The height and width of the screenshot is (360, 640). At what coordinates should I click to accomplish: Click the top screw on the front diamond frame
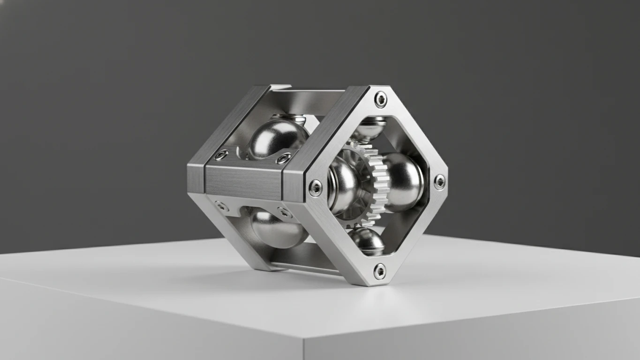coord(380,99)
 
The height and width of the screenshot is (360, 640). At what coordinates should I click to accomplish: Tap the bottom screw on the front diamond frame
coord(379,271)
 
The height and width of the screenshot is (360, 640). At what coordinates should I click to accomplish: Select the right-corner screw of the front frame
coord(439,182)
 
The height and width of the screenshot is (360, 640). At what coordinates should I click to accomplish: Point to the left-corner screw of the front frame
coord(316,188)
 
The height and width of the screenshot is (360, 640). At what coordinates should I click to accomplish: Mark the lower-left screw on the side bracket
coord(221,205)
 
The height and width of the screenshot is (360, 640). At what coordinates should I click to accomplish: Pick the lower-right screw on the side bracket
coord(283,211)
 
